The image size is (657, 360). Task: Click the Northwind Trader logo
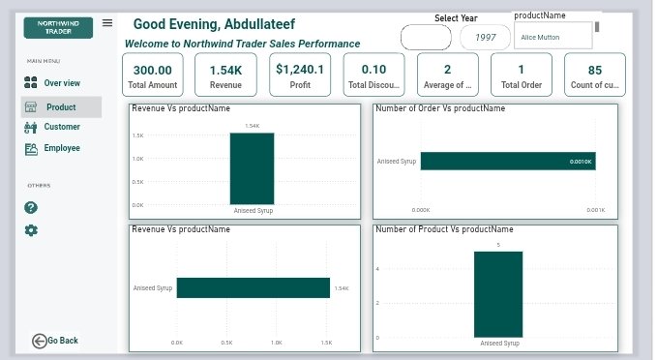[x=58, y=26]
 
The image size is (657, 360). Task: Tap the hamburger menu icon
[x=107, y=22]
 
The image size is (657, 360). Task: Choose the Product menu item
[x=61, y=107]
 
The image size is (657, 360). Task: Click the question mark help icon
[x=31, y=207]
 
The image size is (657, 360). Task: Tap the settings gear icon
[x=31, y=230]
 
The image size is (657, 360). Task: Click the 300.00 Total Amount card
[x=153, y=75]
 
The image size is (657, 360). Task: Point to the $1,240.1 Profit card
[x=301, y=75]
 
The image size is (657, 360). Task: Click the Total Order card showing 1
[x=521, y=75]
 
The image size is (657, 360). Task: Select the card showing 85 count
[x=594, y=75]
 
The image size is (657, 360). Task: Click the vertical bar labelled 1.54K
[x=252, y=169]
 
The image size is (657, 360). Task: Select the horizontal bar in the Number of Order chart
[x=508, y=162]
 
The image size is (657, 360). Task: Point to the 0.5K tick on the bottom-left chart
[x=226, y=342]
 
